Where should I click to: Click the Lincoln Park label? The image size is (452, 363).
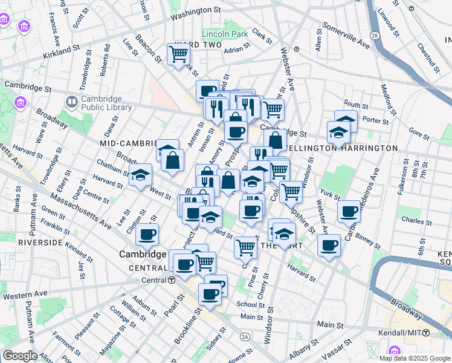tap(225, 34)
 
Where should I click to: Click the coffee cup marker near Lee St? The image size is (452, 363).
tap(147, 234)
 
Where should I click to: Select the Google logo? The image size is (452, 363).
tap(20, 356)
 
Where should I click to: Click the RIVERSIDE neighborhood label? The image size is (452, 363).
tap(40, 242)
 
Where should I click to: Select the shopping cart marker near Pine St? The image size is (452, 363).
tap(245, 246)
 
